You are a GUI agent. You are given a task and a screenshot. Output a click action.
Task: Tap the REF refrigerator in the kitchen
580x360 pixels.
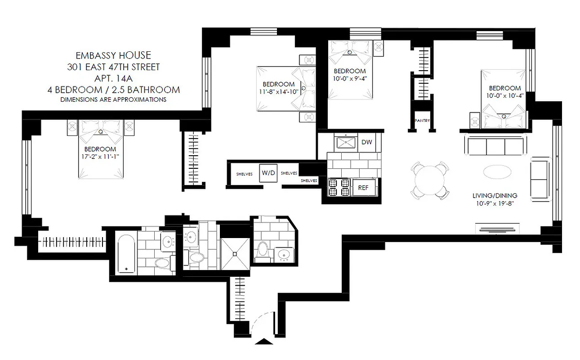click(x=362, y=188)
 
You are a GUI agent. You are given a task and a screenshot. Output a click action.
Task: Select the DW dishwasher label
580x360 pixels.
click(x=366, y=143)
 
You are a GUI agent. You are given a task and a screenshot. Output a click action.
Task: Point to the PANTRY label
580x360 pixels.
click(x=422, y=121)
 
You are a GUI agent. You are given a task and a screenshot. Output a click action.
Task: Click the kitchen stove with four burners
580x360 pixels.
click(x=339, y=188)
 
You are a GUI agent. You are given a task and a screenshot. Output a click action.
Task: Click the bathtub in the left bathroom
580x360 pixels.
click(x=125, y=252)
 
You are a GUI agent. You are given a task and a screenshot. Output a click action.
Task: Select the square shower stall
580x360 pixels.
click(x=235, y=253)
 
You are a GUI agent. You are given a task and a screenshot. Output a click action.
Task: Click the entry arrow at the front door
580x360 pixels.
click(x=263, y=341)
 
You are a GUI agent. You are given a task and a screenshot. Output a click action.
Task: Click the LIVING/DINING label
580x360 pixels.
click(x=495, y=196)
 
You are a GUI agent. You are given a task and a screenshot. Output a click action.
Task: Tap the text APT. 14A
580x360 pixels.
click(x=113, y=78)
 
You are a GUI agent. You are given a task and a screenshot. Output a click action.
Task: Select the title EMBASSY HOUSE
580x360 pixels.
click(x=113, y=56)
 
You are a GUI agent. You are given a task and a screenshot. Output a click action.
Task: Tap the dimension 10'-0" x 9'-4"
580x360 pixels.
click(x=350, y=78)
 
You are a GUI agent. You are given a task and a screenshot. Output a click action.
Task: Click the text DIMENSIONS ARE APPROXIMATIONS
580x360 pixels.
click(x=113, y=99)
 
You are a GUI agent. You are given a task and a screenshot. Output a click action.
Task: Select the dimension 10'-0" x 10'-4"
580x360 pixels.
click(x=505, y=95)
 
